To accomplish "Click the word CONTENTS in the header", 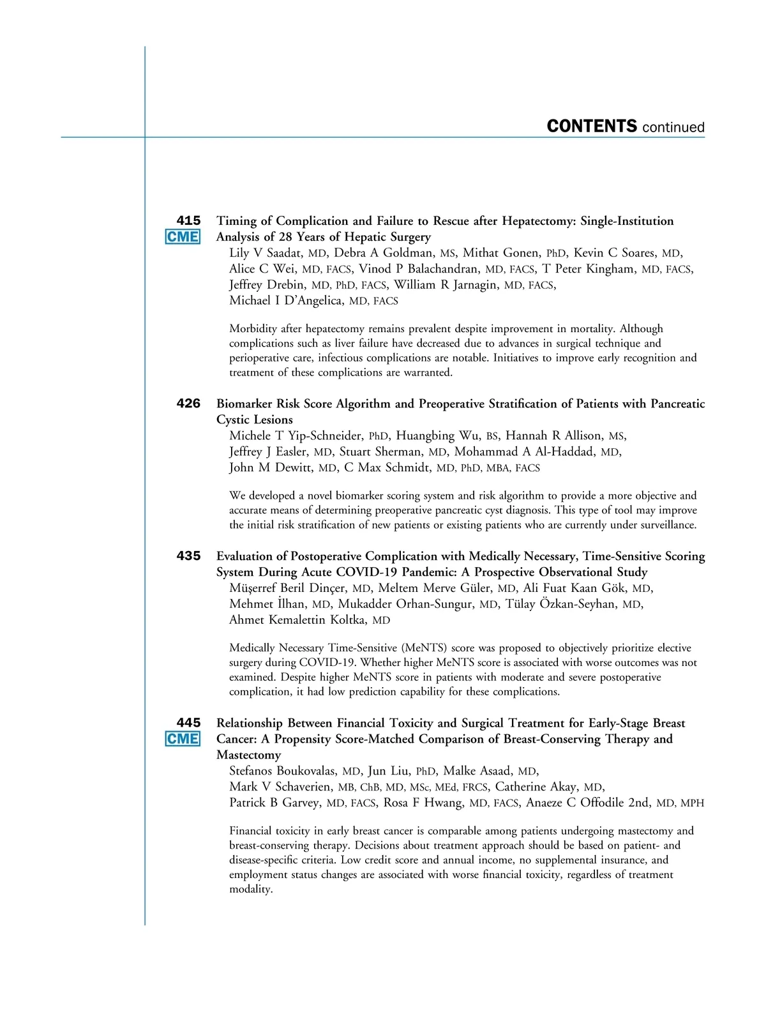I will click(592, 126).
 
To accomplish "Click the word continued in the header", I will click(673, 128).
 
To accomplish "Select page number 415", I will click(188, 220).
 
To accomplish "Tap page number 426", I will click(188, 404).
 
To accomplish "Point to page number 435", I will click(188, 556).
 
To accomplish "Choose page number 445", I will click(188, 723).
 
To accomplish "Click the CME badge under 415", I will click(183, 237).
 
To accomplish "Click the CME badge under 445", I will click(183, 739).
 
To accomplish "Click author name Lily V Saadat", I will click(266, 253).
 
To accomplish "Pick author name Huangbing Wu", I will click(438, 435).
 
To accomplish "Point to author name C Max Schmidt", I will click(387, 467).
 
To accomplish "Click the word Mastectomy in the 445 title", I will click(248, 755).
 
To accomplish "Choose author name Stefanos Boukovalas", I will click(283, 771).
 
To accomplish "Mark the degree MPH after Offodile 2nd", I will click(692, 803).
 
